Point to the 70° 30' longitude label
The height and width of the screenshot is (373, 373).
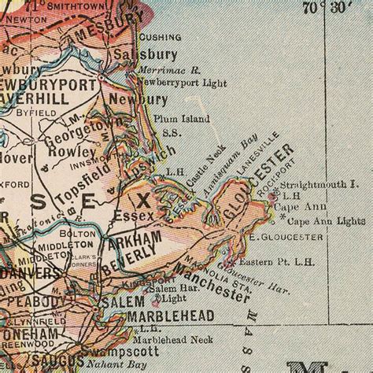[x=327, y=8]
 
